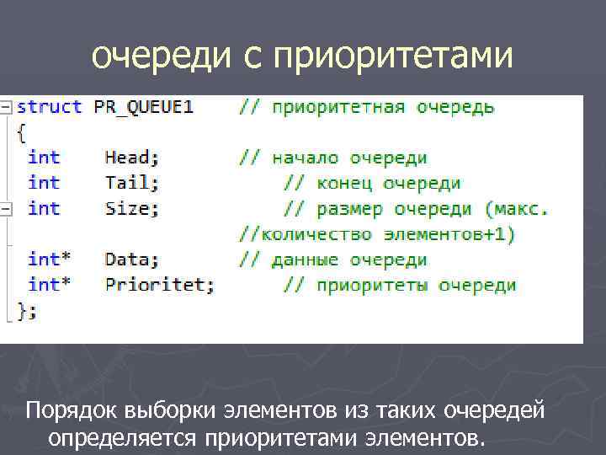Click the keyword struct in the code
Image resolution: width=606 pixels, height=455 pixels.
click(x=50, y=107)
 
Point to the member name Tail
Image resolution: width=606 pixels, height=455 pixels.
click(x=127, y=182)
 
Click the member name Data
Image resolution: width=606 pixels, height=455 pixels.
click(x=132, y=260)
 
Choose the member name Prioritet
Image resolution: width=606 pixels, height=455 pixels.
click(x=159, y=285)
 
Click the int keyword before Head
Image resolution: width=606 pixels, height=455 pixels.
click(x=44, y=157)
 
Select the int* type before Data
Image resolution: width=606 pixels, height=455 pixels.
click(x=49, y=260)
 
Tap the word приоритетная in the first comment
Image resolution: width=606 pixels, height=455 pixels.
click(x=332, y=107)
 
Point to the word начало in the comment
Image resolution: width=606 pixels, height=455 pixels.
click(x=305, y=158)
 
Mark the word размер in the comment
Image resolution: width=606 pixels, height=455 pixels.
click(x=351, y=208)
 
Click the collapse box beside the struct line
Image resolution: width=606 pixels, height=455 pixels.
click(x=6, y=107)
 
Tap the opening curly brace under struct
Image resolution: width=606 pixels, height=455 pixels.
click(x=21, y=131)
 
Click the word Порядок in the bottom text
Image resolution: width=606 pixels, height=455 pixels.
click(x=72, y=412)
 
